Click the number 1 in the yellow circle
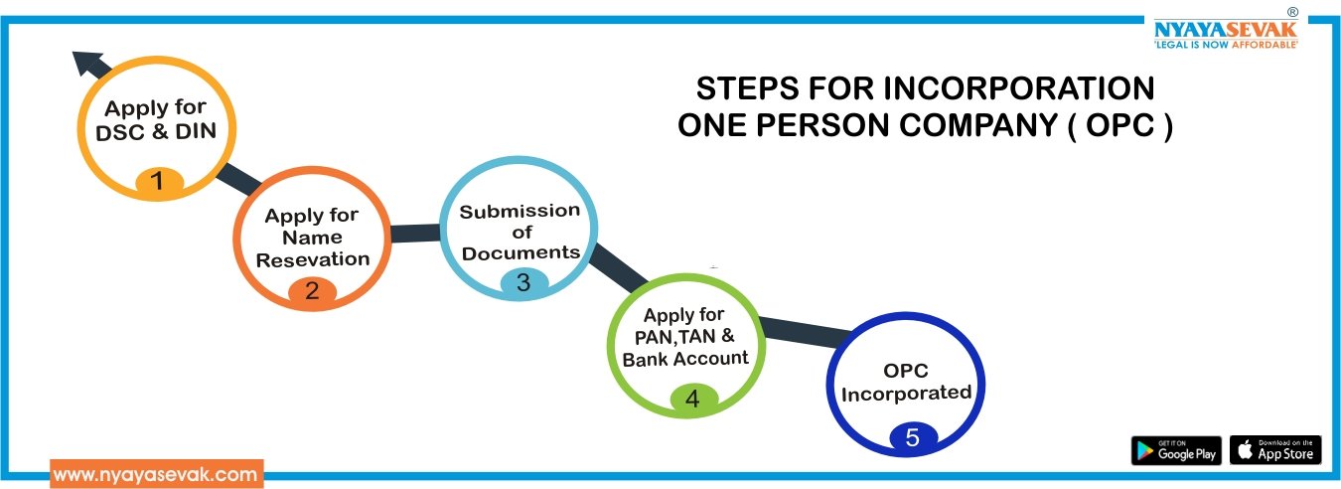pos(156,181)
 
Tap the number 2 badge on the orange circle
pos(312,290)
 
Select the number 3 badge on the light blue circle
pos(522,282)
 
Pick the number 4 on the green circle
pos(692,399)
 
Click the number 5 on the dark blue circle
pos(912,436)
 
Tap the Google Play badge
pos(1176,450)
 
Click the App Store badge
pos(1275,450)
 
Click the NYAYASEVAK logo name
pos(1225,29)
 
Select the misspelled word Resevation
pos(312,259)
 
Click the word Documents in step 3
pos(521,252)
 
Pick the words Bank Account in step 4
pos(685,358)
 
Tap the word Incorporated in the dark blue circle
pos(906,393)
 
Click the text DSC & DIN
pos(156,130)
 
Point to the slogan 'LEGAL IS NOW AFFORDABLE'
pos(1225,46)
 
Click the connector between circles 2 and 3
pos(414,234)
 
